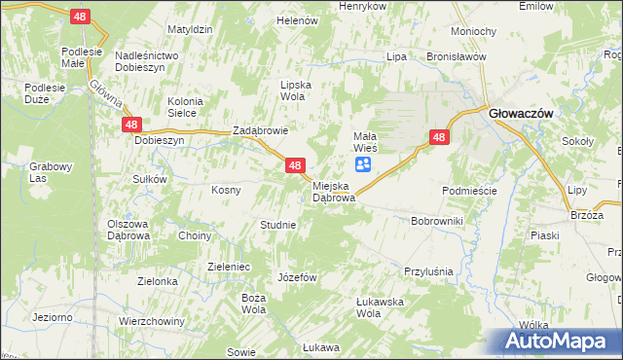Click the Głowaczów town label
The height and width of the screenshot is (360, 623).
[x=521, y=114]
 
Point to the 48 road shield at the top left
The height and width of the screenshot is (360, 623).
[x=81, y=16]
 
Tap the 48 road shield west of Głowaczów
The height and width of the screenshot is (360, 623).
[x=439, y=138]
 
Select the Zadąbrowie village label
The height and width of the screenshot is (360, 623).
[x=260, y=131]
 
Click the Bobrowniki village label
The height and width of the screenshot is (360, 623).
[x=437, y=222]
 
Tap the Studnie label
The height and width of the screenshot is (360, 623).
[x=277, y=225]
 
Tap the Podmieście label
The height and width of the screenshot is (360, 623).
[x=469, y=191]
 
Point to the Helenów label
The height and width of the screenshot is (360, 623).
[x=298, y=19]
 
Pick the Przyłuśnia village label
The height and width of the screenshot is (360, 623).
[x=429, y=271]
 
